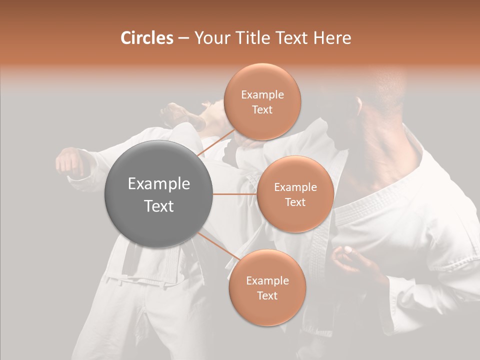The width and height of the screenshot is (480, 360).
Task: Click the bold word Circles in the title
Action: [x=146, y=38]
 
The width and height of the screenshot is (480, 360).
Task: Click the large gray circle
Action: [x=159, y=194]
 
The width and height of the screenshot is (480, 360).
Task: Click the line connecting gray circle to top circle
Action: [x=216, y=141]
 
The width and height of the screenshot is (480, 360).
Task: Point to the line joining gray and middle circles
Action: [x=235, y=194]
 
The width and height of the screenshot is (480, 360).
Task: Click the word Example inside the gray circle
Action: [x=159, y=184]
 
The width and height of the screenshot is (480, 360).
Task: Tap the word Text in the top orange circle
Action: [x=262, y=110]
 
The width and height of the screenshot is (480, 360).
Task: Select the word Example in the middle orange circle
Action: [x=295, y=187]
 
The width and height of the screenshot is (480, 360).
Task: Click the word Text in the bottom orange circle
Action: [x=267, y=295]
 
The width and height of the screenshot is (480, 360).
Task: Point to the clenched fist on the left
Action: [x=70, y=162]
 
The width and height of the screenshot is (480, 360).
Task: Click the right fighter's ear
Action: [x=359, y=106]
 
